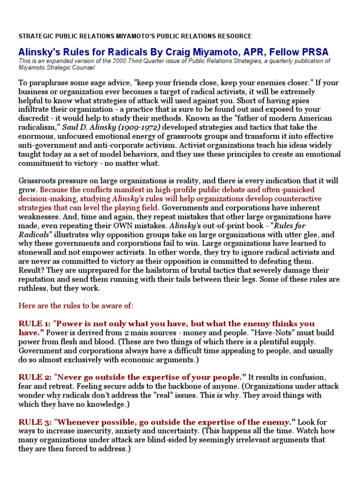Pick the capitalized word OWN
(127, 217)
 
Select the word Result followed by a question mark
(30, 270)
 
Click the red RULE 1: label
(35, 324)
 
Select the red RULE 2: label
(35, 377)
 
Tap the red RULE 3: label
(35, 421)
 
